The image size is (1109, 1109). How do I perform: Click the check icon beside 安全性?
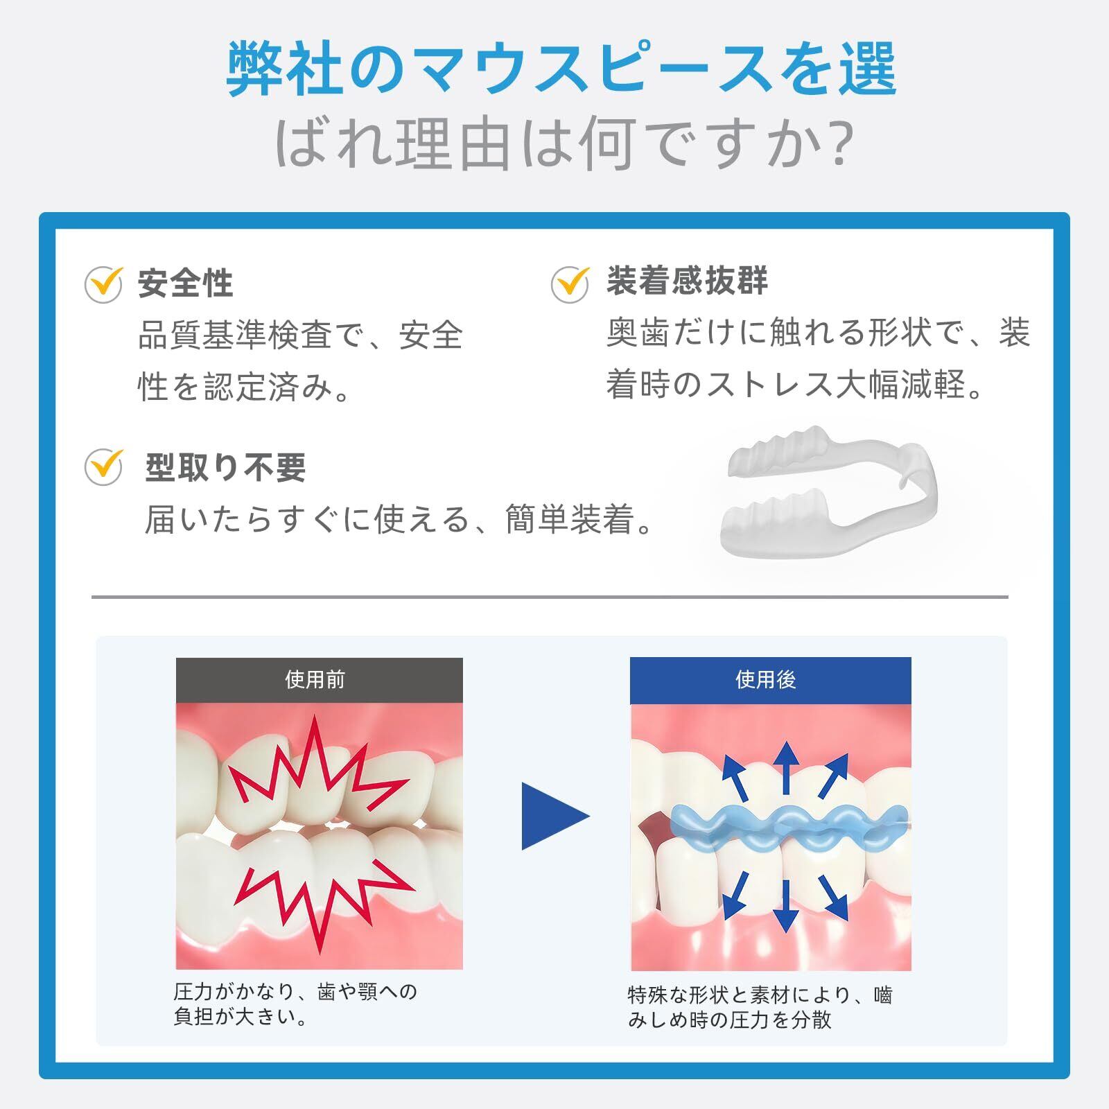103,284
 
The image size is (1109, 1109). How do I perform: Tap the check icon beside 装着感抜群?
570,284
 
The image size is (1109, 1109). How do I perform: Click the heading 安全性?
185,283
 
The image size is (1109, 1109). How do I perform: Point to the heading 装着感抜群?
687,281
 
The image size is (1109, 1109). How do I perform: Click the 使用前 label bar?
319,680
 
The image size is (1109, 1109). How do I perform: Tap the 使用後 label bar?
770,680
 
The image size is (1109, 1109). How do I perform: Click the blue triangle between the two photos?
551,816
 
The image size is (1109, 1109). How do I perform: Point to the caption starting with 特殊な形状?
760,1007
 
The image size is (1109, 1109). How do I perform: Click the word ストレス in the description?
769,385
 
